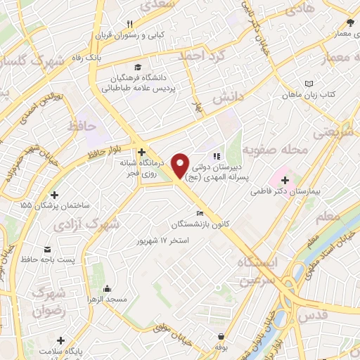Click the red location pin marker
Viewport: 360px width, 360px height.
click(x=181, y=165)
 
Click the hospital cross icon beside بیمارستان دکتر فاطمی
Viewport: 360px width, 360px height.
click(x=285, y=179)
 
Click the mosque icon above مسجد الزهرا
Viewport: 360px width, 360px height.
click(x=107, y=288)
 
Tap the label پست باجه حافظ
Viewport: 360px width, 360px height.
click(x=47, y=262)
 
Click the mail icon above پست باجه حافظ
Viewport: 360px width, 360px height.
click(x=47, y=250)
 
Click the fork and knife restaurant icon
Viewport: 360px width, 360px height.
click(x=129, y=23)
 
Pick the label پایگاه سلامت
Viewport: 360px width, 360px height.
click(x=61, y=350)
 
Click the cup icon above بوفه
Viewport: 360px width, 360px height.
click(x=222, y=337)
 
